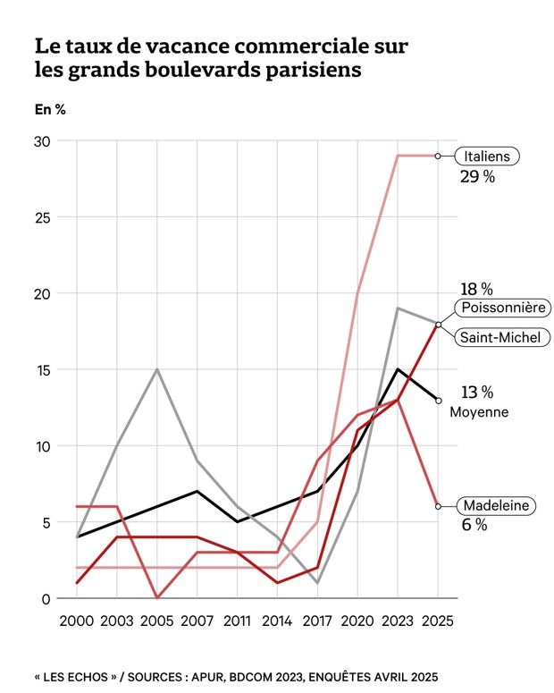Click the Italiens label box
487,156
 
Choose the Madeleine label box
494,506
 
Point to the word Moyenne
479,412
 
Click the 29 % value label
477,177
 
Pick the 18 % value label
477,288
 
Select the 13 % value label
477,392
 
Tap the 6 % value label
474,526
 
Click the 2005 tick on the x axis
156,621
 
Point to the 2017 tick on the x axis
317,621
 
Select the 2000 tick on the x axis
76,621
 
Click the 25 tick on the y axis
43,217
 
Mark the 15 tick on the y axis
43,369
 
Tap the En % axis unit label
49,110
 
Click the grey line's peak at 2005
156,369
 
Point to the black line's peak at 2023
398,369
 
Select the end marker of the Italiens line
438,156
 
